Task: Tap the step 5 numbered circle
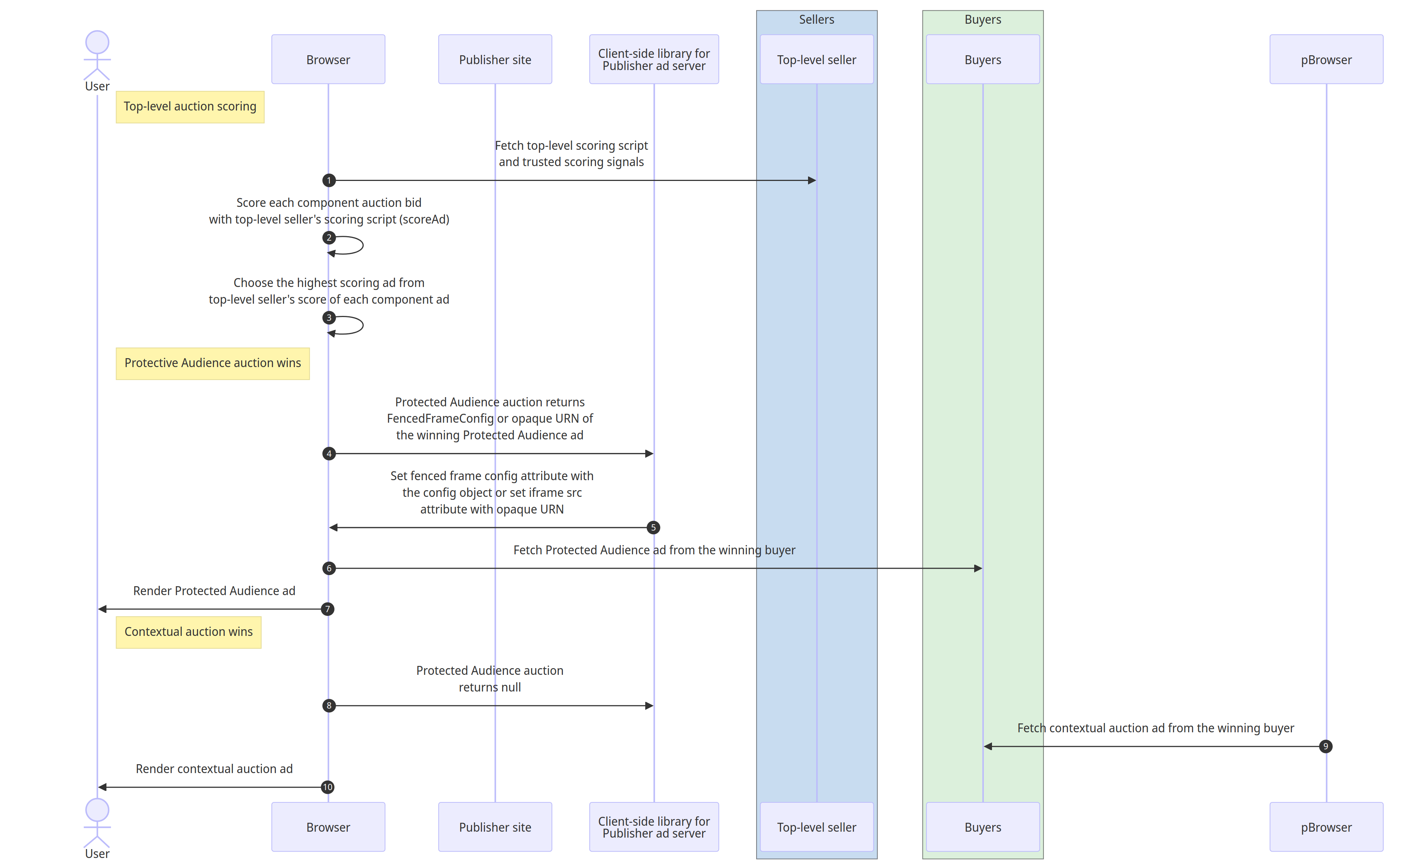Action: [653, 528]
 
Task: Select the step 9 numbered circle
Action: [1325, 747]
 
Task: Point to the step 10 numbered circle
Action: [328, 787]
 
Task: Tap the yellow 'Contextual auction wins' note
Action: [188, 632]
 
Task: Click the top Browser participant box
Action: [328, 60]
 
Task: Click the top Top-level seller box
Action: [816, 60]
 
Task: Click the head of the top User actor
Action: [97, 43]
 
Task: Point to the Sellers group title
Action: [816, 20]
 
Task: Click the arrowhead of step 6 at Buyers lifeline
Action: [978, 569]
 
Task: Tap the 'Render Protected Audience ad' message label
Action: [214, 591]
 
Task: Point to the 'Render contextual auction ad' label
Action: [214, 769]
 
